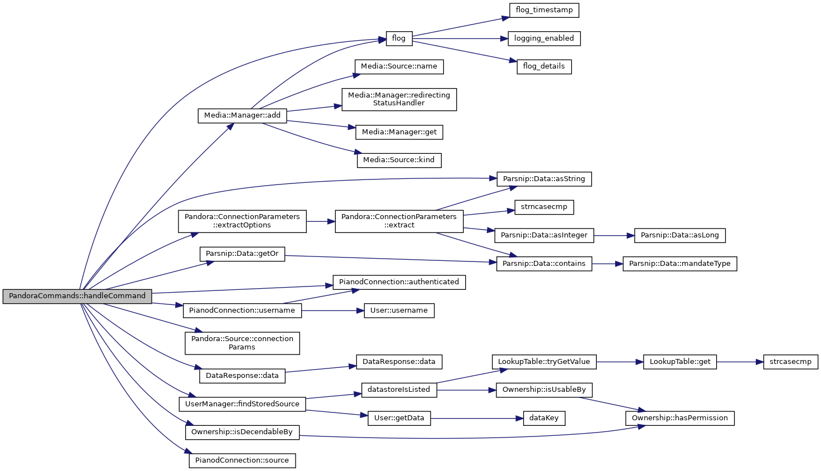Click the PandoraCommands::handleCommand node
(77, 296)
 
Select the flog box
(399, 38)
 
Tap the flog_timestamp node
(544, 10)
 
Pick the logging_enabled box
(544, 38)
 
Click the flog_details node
(544, 67)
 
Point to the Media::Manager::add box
(242, 116)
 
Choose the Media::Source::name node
(399, 67)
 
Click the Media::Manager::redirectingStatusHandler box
(399, 99)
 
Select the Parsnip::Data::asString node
(544, 179)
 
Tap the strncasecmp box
(544, 207)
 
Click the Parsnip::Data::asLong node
(680, 235)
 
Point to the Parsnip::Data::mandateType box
(680, 264)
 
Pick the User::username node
(399, 310)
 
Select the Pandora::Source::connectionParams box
(242, 343)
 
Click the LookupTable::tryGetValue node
(544, 362)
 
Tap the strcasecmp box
(790, 362)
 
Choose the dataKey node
(544, 418)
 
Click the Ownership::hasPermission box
(680, 418)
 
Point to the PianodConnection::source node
(242, 461)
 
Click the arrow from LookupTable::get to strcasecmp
(740, 362)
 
